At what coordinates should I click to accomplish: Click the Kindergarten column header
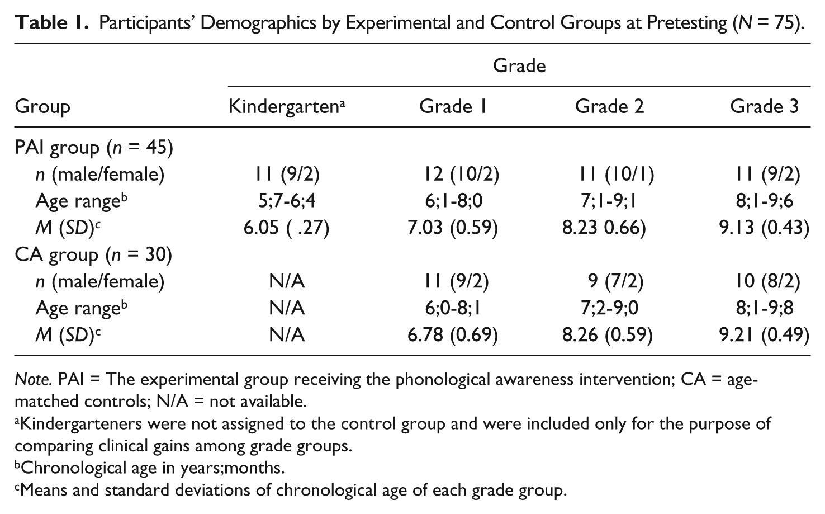pyautogui.click(x=287, y=106)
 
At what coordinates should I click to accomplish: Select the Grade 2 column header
pyautogui.click(x=610, y=106)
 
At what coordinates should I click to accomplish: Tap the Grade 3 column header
pyautogui.click(x=765, y=106)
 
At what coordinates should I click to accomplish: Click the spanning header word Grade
pyautogui.click(x=519, y=66)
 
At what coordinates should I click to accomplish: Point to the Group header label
pyautogui.click(x=42, y=107)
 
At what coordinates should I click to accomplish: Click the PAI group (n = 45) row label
pyautogui.click(x=94, y=148)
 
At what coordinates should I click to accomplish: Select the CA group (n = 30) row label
pyautogui.click(x=93, y=255)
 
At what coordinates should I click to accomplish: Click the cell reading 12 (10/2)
pyautogui.click(x=462, y=174)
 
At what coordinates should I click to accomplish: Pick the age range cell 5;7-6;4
pyautogui.click(x=287, y=201)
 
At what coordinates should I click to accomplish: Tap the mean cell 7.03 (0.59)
pyautogui.click(x=453, y=227)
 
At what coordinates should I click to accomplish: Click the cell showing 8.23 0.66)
pyautogui.click(x=604, y=227)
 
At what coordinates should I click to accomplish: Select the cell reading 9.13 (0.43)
pyautogui.click(x=764, y=227)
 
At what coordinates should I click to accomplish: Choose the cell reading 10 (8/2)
pyautogui.click(x=768, y=281)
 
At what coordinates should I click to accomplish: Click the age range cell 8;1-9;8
pyautogui.click(x=765, y=308)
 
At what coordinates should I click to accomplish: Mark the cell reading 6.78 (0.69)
pyautogui.click(x=453, y=335)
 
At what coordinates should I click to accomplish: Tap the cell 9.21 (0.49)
pyautogui.click(x=764, y=335)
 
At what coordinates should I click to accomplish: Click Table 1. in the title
pyautogui.click(x=52, y=23)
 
